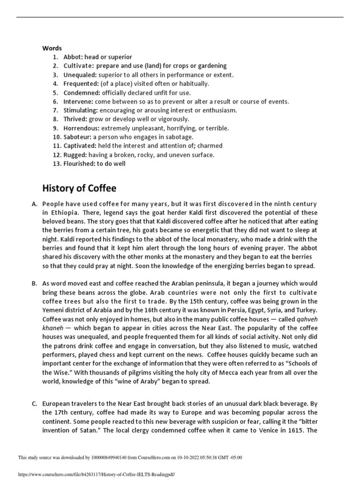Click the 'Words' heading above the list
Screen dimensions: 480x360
[52, 48]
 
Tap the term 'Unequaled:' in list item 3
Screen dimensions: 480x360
[80, 75]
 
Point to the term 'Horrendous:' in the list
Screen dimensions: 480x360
[82, 128]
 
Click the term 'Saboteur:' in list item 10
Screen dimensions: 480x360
[77, 137]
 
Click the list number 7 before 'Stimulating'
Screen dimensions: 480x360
[55, 110]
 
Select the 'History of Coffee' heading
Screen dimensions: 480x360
[79, 188]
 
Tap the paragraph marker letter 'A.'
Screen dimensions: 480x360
[34, 204]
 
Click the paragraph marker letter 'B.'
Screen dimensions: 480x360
[34, 284]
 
